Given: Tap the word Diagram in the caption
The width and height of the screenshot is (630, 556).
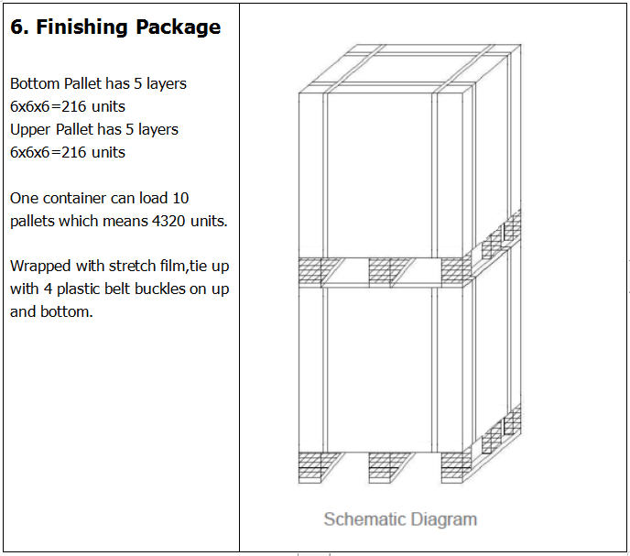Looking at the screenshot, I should click(442, 519).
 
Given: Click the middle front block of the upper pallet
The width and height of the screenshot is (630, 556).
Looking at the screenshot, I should click(391, 271).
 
